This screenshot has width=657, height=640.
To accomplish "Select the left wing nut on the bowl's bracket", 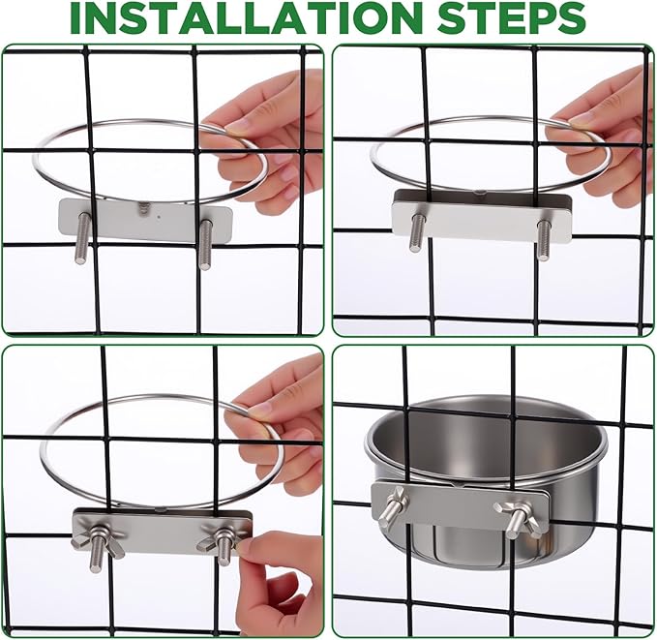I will [391, 507].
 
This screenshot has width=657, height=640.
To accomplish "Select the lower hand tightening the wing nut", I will [281, 581].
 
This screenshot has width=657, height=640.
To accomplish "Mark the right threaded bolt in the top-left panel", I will [205, 243].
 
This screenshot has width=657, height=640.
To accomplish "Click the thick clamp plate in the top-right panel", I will [481, 215].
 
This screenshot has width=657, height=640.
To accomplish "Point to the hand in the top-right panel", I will [605, 136].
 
